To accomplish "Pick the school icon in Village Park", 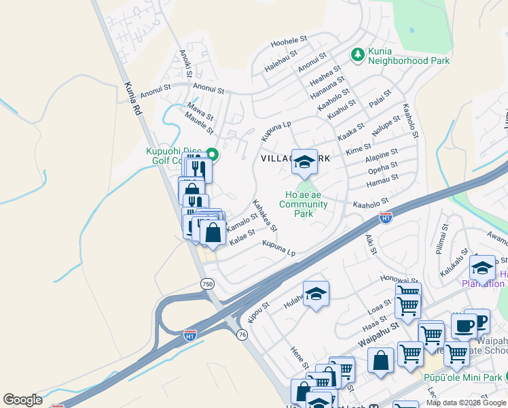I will [x=304, y=161].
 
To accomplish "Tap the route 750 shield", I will [x=206, y=283].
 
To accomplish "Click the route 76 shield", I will [x=242, y=334].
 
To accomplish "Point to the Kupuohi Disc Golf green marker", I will [x=211, y=154].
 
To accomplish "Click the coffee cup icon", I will [x=464, y=326].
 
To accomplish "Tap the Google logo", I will [x=23, y=400].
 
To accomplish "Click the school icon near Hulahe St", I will [x=316, y=294].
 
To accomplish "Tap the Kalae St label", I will [x=242, y=237].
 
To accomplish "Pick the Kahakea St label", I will [x=264, y=214].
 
